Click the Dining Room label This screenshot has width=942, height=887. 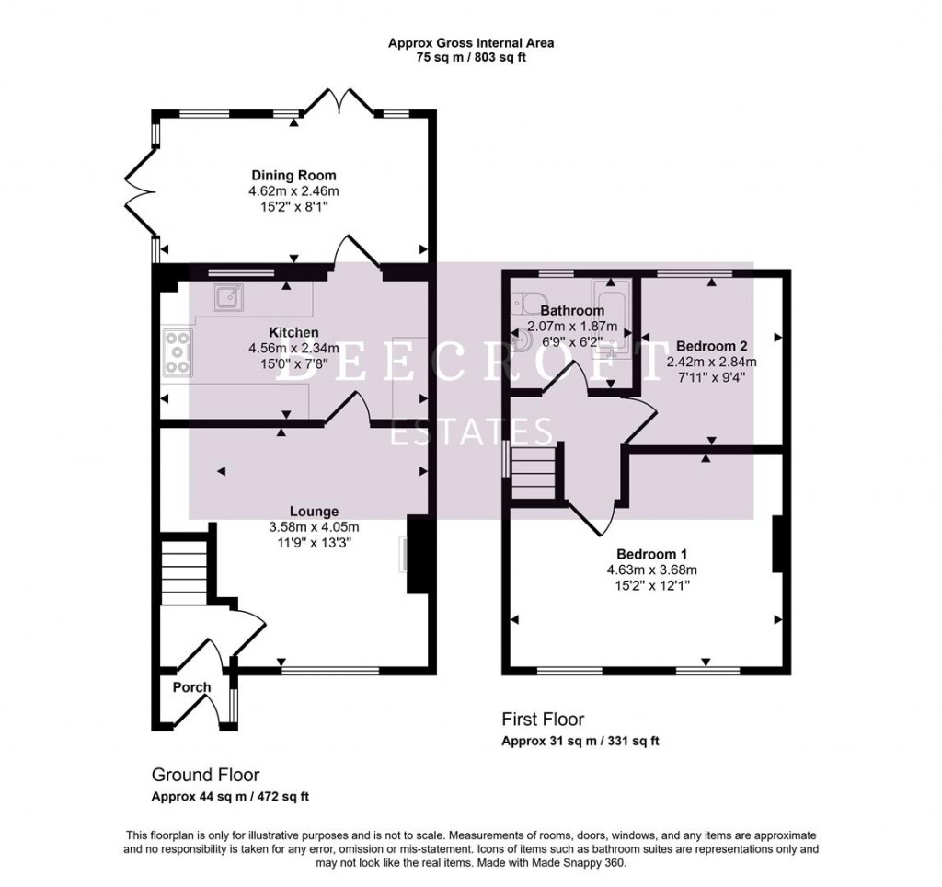294,176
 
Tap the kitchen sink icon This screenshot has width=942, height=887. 227,297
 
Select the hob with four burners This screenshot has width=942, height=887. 178,353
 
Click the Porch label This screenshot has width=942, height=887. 191,687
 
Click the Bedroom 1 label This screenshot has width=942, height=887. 651,554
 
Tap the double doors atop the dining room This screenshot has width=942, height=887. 339,99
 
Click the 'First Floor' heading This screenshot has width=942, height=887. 543,720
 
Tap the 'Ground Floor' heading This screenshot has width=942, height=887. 205,775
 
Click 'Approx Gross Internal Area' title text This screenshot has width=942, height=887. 470,42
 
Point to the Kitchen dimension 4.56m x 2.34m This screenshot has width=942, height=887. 293,348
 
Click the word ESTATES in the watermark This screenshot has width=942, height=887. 472,432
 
